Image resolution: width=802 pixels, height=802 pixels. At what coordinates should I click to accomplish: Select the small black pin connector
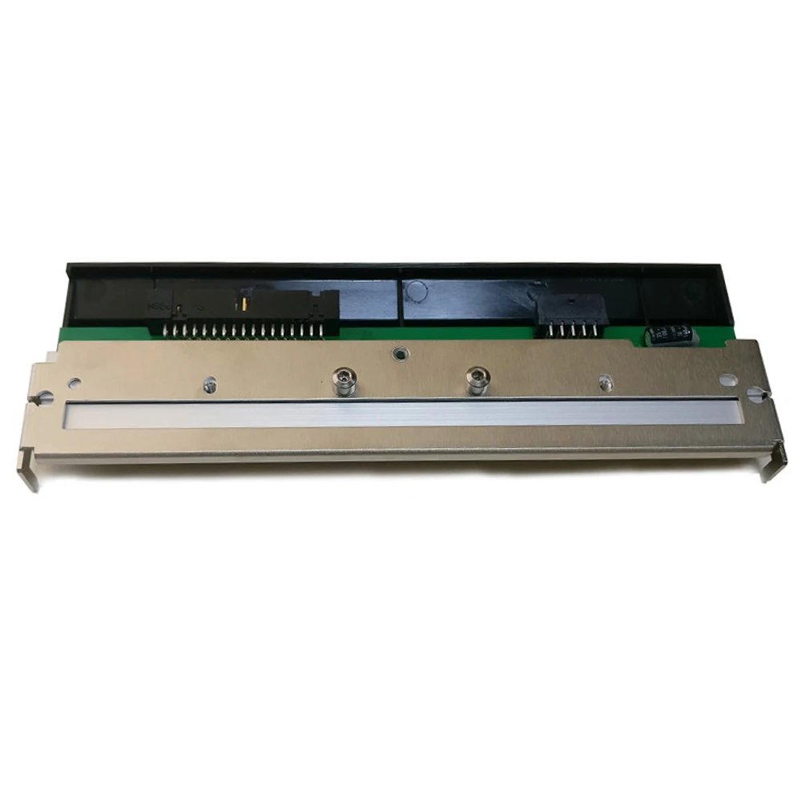[x=570, y=308]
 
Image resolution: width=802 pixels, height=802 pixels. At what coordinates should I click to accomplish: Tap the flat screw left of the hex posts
[x=209, y=384]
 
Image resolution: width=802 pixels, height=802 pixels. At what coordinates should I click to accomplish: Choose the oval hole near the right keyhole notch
[x=727, y=380]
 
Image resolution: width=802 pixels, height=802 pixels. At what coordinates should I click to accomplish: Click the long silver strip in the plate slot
[x=401, y=413]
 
